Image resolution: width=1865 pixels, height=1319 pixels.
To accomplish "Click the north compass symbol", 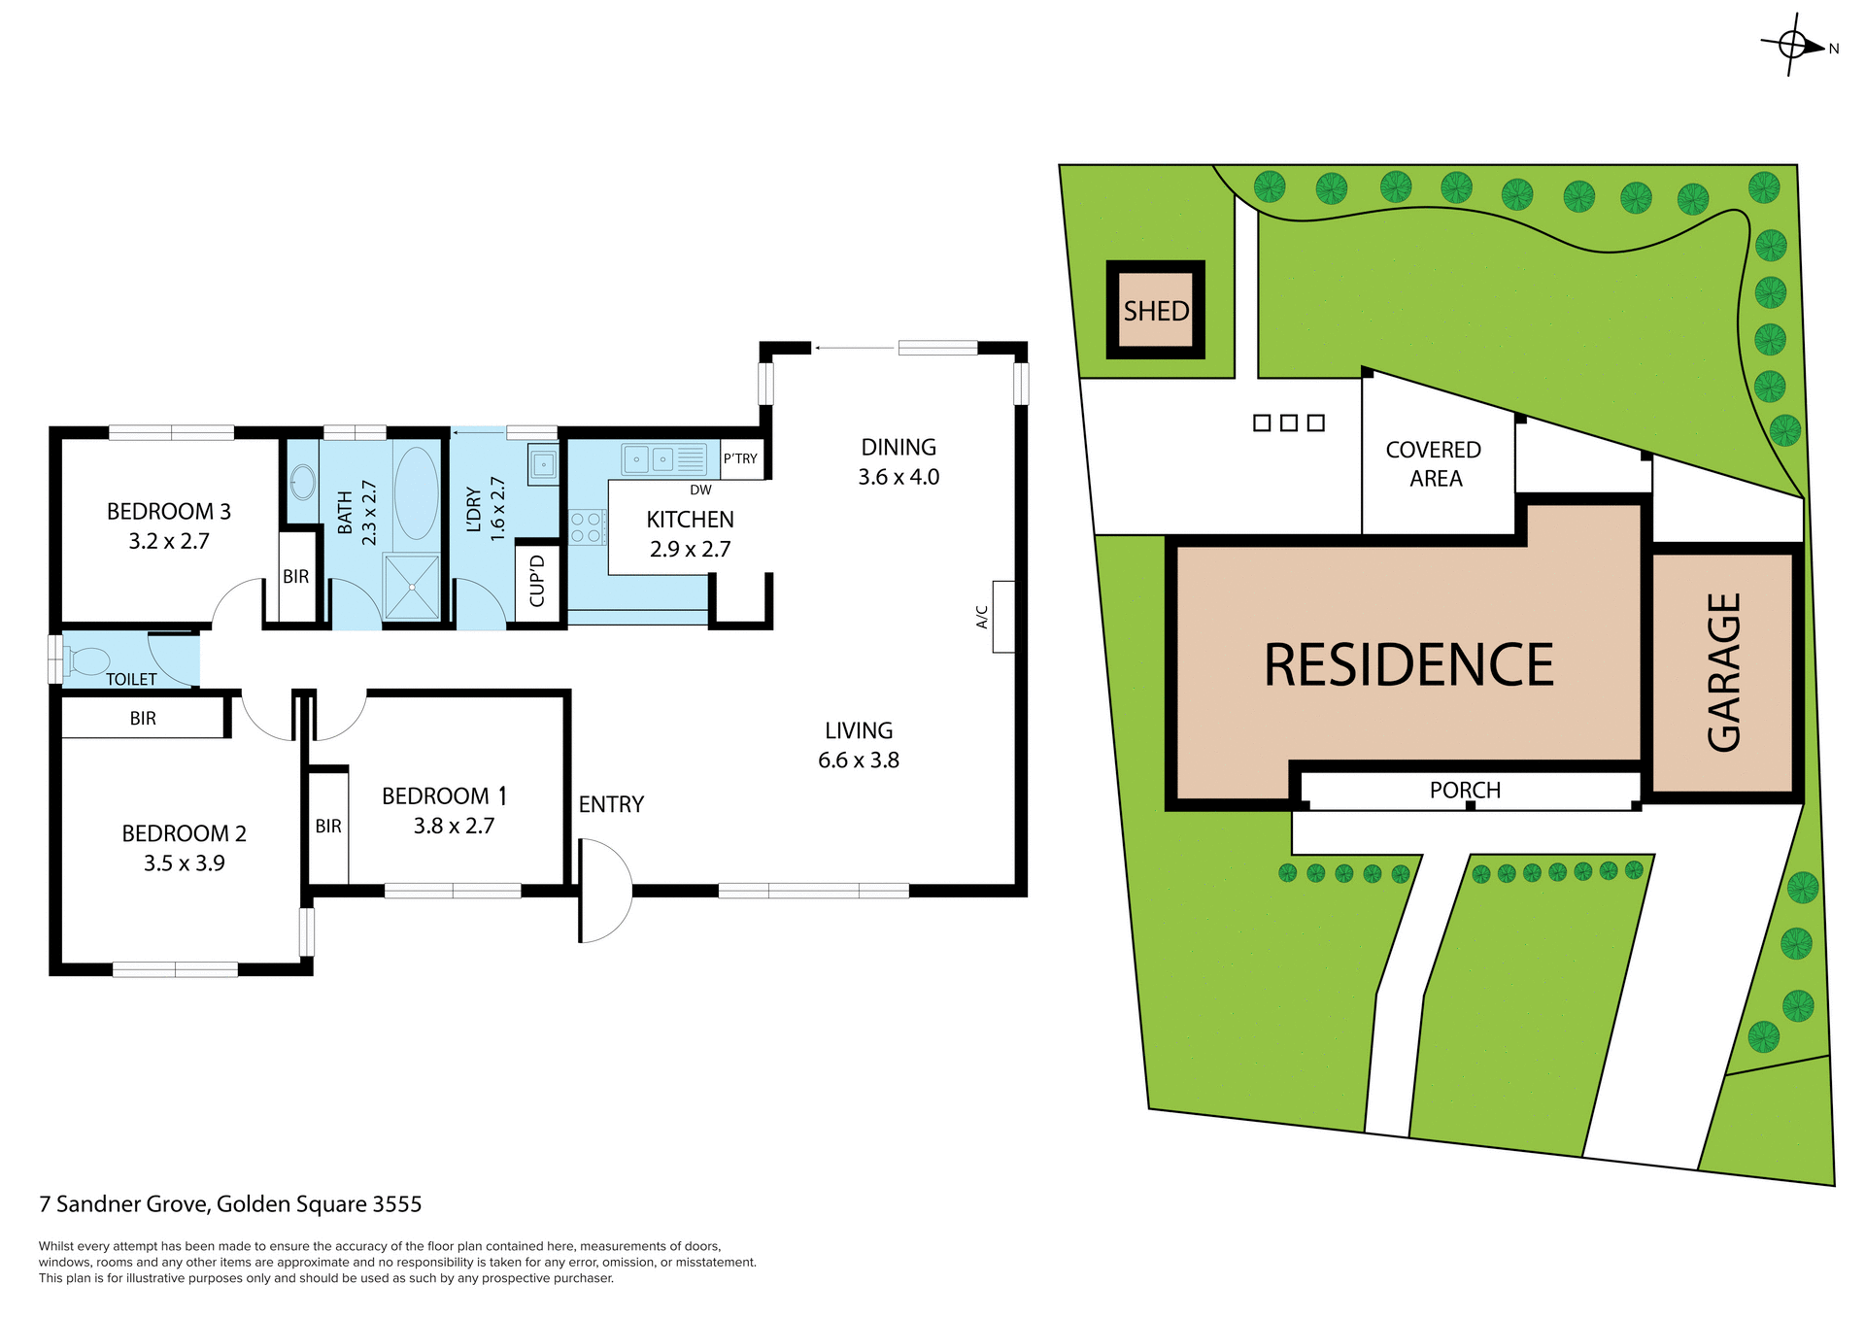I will (1793, 45).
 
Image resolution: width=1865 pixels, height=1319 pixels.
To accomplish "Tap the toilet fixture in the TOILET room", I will (87, 661).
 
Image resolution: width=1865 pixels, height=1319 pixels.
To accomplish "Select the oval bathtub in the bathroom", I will (417, 492).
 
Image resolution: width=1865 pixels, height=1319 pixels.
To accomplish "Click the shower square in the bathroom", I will (412, 587).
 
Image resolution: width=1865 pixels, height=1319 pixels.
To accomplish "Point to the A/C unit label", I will (982, 617).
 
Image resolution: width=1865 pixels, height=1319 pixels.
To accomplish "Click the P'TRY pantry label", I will (740, 458).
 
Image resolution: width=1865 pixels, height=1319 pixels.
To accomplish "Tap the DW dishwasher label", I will (700, 490).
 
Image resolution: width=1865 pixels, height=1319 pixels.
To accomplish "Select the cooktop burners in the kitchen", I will (586, 527).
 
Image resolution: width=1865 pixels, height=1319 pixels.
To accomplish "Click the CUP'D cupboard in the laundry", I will (537, 581).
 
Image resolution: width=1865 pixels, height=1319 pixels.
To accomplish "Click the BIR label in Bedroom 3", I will (296, 576).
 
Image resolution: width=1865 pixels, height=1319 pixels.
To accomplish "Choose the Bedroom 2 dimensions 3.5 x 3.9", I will (185, 862).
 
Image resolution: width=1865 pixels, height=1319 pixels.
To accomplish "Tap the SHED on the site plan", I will (1156, 311).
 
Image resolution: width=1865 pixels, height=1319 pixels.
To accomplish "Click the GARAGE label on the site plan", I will (1724, 672).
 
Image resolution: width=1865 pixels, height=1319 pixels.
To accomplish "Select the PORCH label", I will (1465, 790).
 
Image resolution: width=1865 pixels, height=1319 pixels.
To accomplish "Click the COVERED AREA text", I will (1434, 463).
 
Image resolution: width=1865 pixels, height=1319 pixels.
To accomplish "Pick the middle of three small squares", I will (1289, 423).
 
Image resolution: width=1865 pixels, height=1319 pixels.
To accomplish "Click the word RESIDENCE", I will (1408, 665).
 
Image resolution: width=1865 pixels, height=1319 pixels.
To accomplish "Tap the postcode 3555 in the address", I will (397, 1204).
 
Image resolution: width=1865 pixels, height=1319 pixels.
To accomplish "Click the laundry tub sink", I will (543, 464).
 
